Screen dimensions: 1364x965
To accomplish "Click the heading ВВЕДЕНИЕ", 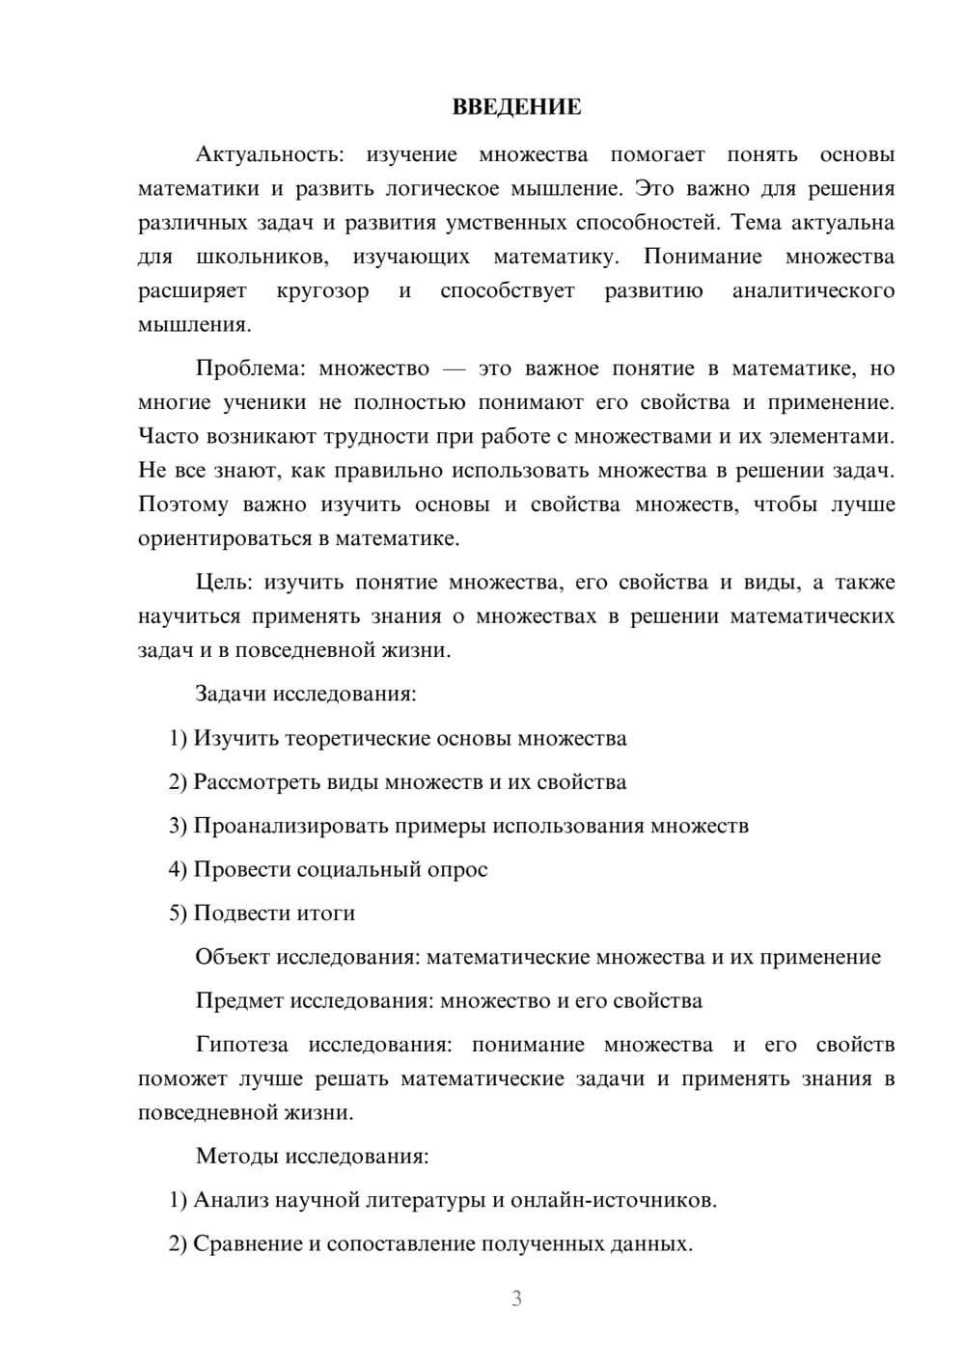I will coord(516,107).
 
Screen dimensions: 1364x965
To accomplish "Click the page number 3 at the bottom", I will coord(516,1298).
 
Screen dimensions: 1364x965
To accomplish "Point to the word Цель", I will coord(224,583).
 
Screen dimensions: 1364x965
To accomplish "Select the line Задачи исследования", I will coord(306,694).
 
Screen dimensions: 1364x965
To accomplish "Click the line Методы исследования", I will coord(312,1156).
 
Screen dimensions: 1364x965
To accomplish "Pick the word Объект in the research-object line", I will coord(233,957).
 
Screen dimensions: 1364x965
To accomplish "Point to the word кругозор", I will coord(322,291).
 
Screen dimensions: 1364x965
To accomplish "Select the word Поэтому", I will coord(183,505).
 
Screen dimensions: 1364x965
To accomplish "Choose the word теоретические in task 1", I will coord(359,738).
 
